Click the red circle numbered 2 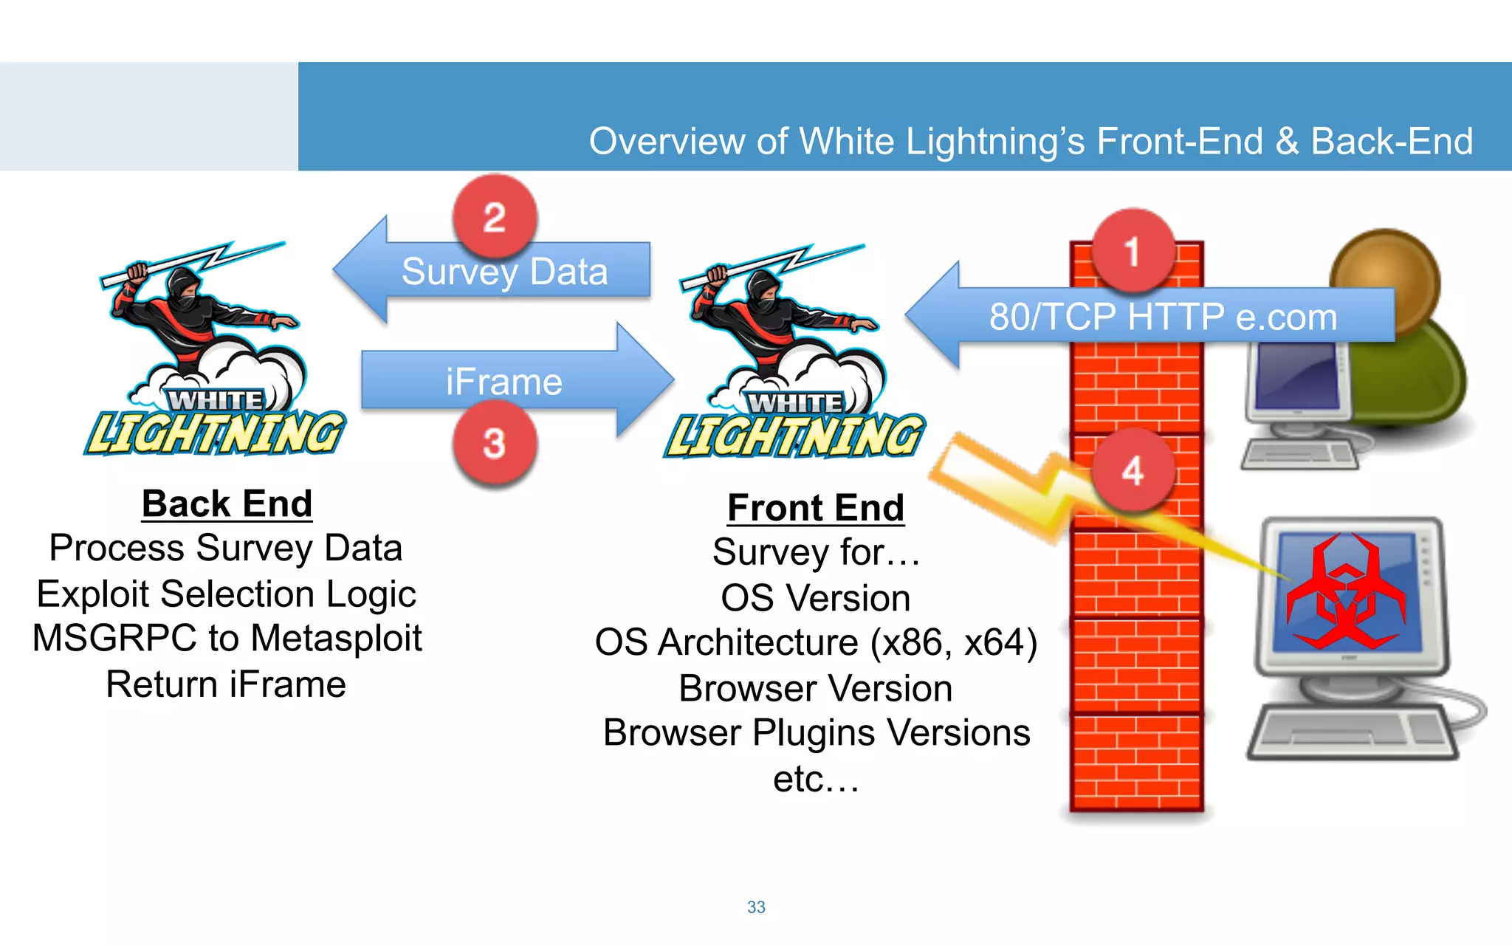(495, 217)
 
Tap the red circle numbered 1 (1133, 252)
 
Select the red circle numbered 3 (495, 443)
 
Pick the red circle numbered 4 (1133, 470)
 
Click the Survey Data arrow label (504, 272)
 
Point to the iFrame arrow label (504, 382)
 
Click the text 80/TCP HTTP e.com (1163, 317)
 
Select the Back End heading (227, 504)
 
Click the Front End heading (816, 508)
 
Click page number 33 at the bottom (756, 907)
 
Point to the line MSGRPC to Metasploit (227, 638)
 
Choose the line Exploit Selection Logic (227, 594)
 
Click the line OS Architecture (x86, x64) (816, 642)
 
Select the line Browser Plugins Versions (816, 732)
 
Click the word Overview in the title (666, 141)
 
